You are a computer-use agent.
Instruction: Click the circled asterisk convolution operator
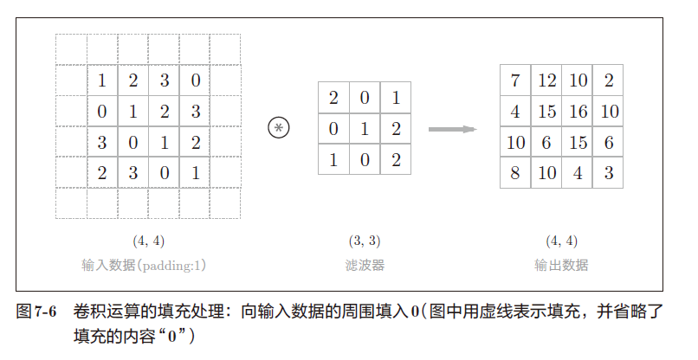tap(279, 129)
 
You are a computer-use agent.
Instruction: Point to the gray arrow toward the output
tap(453, 129)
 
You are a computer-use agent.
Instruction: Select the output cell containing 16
tap(577, 111)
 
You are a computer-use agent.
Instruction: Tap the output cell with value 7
tap(515, 80)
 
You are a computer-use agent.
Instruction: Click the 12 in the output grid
tap(546, 80)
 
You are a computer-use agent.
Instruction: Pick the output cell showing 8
tap(515, 173)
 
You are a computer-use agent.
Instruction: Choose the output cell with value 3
tap(608, 173)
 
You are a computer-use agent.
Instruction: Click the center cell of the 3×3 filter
tap(364, 129)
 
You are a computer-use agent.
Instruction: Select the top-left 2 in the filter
tap(333, 98)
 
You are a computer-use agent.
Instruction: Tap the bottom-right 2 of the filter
tap(395, 159)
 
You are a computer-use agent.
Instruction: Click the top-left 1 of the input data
tap(102, 80)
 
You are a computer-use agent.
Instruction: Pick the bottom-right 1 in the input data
tap(195, 173)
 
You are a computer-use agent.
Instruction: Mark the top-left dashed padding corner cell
tap(71, 49)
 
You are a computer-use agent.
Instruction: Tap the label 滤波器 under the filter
tap(364, 265)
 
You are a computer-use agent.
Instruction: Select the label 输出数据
tap(561, 265)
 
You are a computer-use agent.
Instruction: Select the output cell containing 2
tap(608, 80)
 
